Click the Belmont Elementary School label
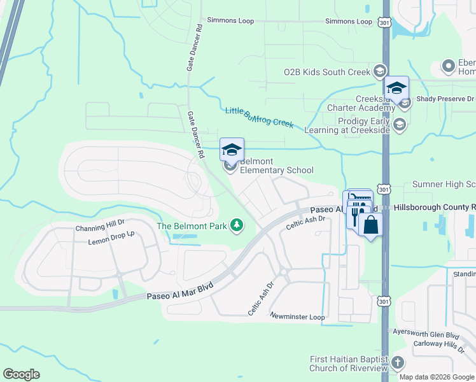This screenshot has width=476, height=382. pos(276,166)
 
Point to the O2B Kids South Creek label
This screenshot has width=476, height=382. pos(326,72)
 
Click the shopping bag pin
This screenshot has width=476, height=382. pos(370,225)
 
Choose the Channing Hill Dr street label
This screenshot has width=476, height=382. pos(101,228)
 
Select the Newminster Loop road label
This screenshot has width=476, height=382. pos(297,316)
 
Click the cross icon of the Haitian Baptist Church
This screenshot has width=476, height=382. pos(398,363)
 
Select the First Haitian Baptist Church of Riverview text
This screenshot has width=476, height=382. pos(349,364)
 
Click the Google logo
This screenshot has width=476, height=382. pos(21,374)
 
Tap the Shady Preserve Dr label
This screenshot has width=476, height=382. pos(445,99)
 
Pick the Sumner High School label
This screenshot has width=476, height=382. pos(444,184)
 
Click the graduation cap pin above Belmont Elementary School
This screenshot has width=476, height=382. pos(232,150)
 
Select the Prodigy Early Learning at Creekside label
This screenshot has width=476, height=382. pos(354,125)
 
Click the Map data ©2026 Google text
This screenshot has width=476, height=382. pos(437,377)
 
